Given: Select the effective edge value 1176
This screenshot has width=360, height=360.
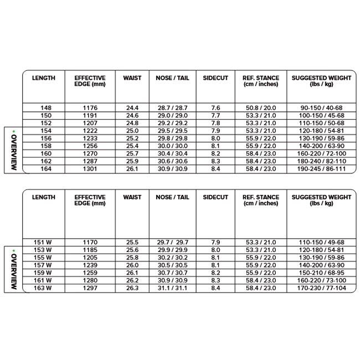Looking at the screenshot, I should tap(90, 107).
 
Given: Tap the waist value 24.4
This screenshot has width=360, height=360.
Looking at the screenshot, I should tap(132, 107).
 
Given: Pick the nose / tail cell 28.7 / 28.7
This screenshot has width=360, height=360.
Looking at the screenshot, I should tap(172, 107).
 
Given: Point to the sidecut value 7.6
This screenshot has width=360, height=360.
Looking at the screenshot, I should tap(215, 107).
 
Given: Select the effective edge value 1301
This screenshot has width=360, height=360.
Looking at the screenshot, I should tap(90, 168).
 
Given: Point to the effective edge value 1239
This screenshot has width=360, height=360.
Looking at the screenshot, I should tap(90, 265).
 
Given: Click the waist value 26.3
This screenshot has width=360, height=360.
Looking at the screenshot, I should tap(132, 288).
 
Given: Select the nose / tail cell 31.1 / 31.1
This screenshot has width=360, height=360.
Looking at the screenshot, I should tap(172, 288).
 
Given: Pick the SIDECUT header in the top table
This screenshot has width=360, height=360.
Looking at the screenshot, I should tap(215, 78).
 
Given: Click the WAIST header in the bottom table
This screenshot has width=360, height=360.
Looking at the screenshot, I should tap(132, 197).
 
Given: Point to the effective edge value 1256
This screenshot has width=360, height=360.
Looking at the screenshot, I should tap(90, 145).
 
